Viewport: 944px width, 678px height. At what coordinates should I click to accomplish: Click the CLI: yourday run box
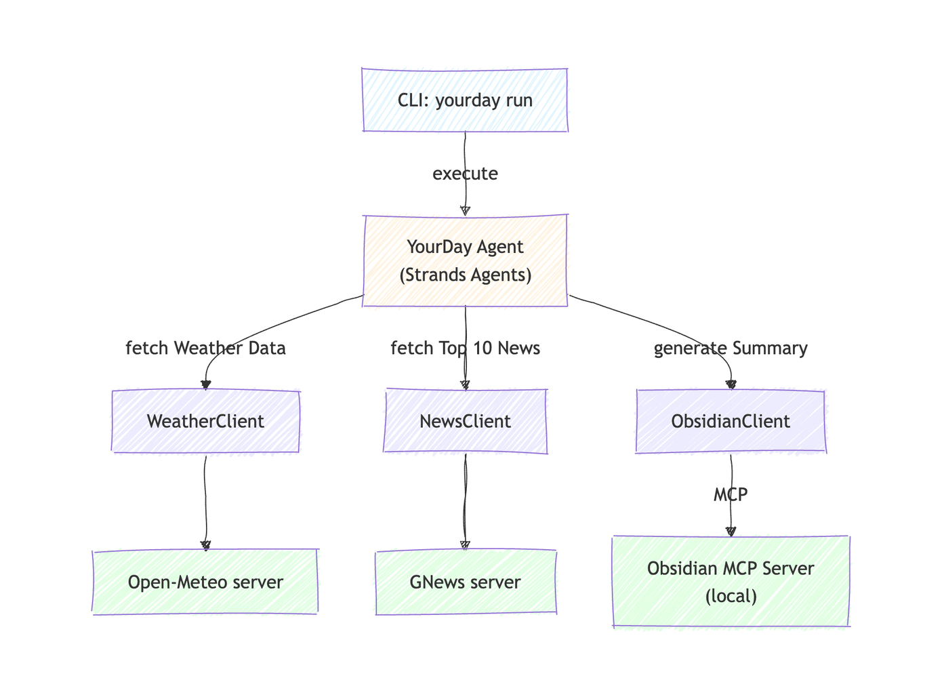pos(465,100)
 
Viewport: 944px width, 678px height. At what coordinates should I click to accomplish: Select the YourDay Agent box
pos(465,260)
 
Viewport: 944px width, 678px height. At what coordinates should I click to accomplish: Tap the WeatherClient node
pos(205,421)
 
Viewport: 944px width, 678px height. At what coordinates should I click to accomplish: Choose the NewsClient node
pos(465,421)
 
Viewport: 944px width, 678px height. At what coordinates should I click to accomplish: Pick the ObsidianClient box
pos(731,421)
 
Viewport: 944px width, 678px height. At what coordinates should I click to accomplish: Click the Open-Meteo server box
pos(205,582)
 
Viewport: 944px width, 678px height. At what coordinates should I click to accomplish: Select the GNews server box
pos(465,582)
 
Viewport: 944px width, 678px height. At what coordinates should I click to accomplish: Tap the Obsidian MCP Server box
pos(731,582)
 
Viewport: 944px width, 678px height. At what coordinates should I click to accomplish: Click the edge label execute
pos(465,174)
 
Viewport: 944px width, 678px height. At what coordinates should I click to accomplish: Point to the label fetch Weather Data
pos(205,348)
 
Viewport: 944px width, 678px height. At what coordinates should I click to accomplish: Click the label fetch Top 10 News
pos(465,348)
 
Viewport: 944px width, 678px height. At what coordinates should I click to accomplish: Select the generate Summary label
pos(731,348)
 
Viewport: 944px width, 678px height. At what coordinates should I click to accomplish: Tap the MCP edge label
pos(731,495)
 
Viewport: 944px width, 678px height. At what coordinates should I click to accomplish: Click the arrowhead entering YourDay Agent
pos(465,211)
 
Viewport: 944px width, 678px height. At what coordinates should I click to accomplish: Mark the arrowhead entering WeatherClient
pos(206,385)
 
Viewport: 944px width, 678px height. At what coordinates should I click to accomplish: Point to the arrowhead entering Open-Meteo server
pos(206,545)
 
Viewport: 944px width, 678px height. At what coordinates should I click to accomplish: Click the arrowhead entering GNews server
pos(465,545)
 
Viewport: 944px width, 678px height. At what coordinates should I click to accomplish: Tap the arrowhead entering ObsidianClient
pos(731,384)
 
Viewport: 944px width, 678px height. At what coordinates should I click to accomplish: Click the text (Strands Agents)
pos(465,275)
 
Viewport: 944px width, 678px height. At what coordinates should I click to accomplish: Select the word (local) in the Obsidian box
pos(731,597)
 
